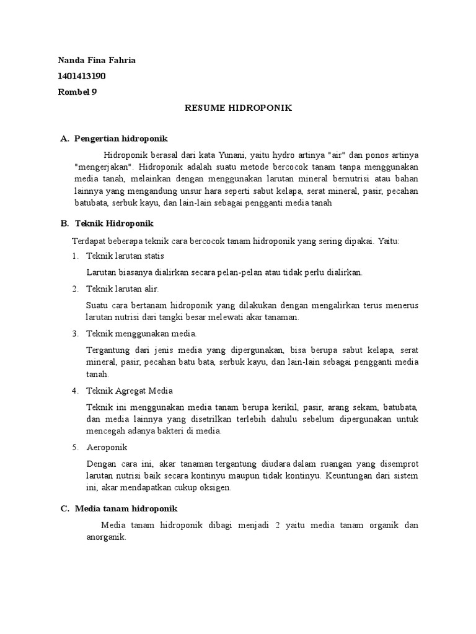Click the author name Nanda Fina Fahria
point(96,60)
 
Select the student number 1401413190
point(81,76)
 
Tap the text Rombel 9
point(77,92)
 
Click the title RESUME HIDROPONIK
point(239,108)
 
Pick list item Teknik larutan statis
point(125,256)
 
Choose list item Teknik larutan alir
point(123,289)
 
